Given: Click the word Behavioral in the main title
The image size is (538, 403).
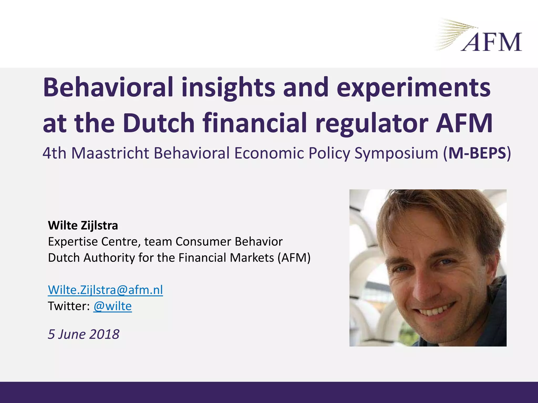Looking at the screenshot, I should pyautogui.click(x=108, y=87).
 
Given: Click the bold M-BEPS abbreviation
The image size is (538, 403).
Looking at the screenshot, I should pyautogui.click(x=477, y=153).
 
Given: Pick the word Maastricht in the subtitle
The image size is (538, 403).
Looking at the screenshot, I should pyautogui.click(x=110, y=153).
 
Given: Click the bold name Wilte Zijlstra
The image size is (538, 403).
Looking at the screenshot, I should pyautogui.click(x=83, y=225).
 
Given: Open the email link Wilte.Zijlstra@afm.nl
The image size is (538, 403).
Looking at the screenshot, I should pyautogui.click(x=105, y=290).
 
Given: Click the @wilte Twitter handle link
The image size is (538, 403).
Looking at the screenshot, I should pyautogui.click(x=112, y=306).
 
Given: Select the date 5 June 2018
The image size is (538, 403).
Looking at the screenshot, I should pyautogui.click(x=84, y=334).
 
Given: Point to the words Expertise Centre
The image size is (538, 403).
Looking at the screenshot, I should pyautogui.click(x=92, y=242).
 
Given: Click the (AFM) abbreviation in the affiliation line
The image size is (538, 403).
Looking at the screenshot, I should pyautogui.click(x=294, y=258).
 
